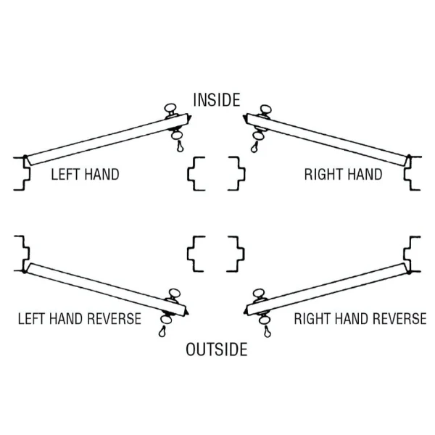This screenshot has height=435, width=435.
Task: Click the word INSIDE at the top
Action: tap(217, 100)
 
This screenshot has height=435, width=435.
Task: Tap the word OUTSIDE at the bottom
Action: tap(217, 349)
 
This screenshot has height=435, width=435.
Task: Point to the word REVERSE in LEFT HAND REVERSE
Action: tap(115, 318)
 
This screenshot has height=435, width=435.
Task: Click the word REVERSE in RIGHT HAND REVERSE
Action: tap(399, 318)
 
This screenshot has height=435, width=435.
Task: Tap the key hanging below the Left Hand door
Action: tap(180, 146)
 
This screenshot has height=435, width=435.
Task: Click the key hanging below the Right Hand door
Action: tap(254, 147)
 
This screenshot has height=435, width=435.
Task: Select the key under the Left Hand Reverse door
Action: tap(162, 331)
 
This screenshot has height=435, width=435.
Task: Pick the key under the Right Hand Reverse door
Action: tap(267, 331)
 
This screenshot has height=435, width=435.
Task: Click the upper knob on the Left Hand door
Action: tap(170, 108)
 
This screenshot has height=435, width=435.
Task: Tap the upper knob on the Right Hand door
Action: tap(265, 109)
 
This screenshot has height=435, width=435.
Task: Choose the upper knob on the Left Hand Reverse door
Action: tap(175, 293)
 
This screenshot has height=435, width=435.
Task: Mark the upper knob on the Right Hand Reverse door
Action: tap(259, 293)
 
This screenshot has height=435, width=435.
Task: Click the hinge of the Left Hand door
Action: tap(25, 160)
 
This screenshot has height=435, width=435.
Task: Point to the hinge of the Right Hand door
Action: tap(408, 160)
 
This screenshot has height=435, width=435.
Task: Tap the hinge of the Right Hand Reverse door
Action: tap(409, 269)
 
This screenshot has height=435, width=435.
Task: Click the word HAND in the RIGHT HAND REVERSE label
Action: tap(352, 318)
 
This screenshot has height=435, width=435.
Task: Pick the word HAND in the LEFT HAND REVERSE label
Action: tap(67, 318)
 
